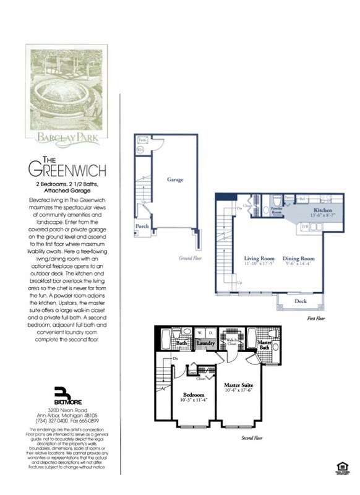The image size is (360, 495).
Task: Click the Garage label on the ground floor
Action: click(x=175, y=179)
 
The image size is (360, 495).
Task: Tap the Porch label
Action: click(x=142, y=226)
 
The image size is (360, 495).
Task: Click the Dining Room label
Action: click(x=299, y=258)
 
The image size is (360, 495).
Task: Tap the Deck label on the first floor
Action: click(x=301, y=301)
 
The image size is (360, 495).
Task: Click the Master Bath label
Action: click(x=265, y=344)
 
